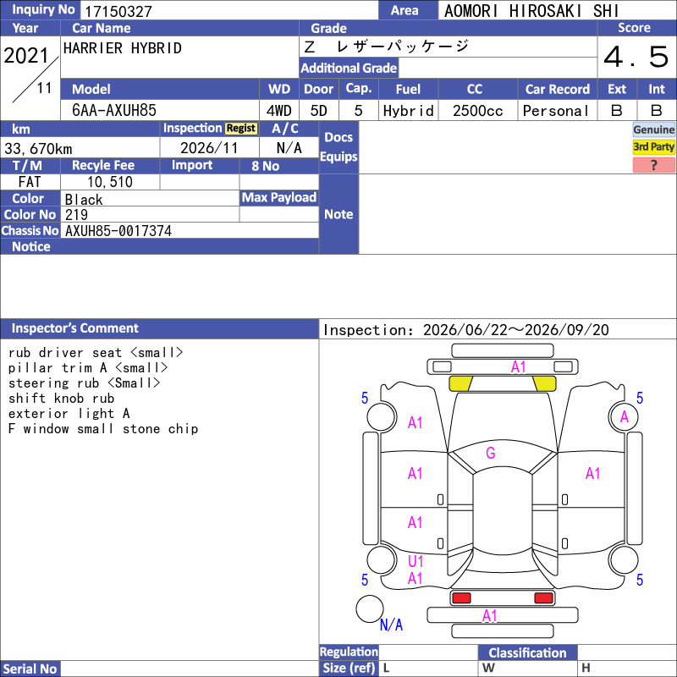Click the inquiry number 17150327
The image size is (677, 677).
[118, 11]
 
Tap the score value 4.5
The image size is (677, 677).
[636, 57]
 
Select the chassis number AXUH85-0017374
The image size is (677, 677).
[118, 231]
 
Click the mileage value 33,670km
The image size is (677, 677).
[38, 149]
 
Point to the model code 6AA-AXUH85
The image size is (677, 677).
[114, 111]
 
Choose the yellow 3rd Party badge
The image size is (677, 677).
[653, 147]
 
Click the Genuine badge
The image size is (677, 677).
[653, 129]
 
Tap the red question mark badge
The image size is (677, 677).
[653, 165]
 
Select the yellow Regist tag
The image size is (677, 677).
[241, 129]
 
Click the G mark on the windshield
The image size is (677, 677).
[491, 453]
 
